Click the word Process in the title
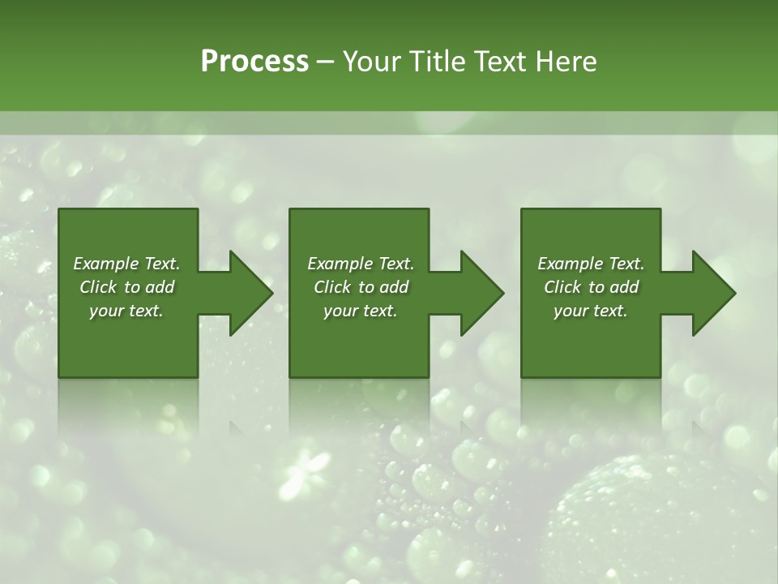click(254, 62)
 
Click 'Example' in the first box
click(105, 264)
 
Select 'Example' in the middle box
click(340, 264)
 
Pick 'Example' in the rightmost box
click(570, 264)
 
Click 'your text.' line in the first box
click(126, 311)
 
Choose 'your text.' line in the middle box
click(361, 311)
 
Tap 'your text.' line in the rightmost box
click(591, 311)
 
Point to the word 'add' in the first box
click(160, 287)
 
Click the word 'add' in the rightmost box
click(625, 287)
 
